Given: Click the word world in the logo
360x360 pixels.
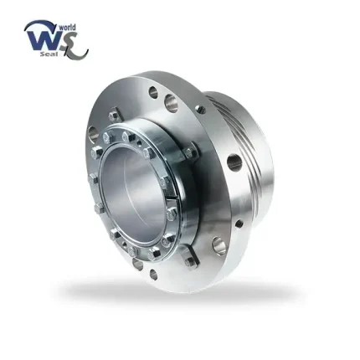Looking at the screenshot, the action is pyautogui.click(x=67, y=28).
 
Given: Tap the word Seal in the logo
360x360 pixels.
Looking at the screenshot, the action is pyautogui.click(x=49, y=54).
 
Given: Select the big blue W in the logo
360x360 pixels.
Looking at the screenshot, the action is pyautogui.click(x=43, y=40).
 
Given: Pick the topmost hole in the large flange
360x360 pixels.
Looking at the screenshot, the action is pyautogui.click(x=153, y=93).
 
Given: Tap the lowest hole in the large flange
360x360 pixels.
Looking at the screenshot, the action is pyautogui.click(x=153, y=275).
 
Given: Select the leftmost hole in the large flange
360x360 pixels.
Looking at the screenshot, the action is pyautogui.click(x=93, y=134).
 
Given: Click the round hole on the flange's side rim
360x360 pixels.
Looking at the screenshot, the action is pyautogui.click(x=234, y=162).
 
